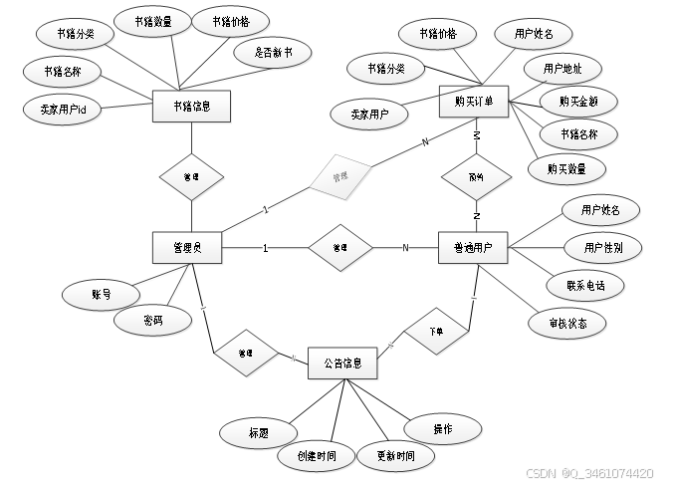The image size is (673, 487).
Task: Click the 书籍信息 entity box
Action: (192, 106)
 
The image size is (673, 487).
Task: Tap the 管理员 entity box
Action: (187, 247)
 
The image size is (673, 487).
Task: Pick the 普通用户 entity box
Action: (473, 248)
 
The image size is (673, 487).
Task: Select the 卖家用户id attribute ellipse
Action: (64, 110)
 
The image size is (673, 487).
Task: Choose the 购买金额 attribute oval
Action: (577, 101)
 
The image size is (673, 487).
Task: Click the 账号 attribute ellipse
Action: (101, 295)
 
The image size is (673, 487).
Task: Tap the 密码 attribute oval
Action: (152, 321)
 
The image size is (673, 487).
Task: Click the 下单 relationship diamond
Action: (435, 331)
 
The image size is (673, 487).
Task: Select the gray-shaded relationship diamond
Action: (339, 176)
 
